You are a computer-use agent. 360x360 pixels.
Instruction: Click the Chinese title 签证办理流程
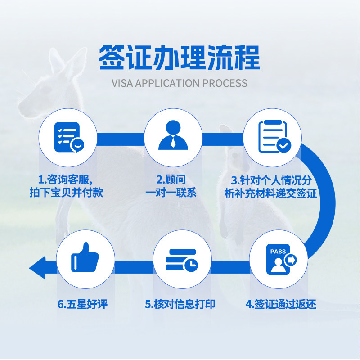tap(180, 58)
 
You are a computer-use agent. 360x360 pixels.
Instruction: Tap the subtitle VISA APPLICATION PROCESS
tap(180, 83)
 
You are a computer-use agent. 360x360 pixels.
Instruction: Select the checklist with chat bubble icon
tap(67, 136)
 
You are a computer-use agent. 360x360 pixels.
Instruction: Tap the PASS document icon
tap(279, 260)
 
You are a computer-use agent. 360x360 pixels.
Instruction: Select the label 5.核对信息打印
tap(180, 304)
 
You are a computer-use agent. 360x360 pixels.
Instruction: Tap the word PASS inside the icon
tap(278, 252)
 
